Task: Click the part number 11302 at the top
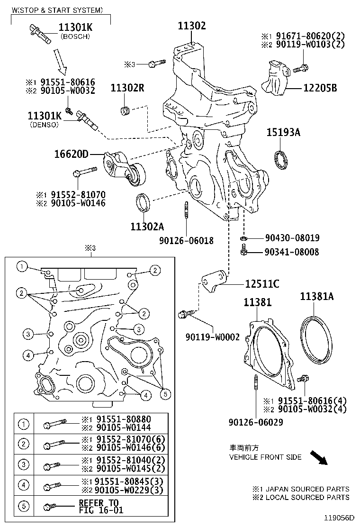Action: (192, 26)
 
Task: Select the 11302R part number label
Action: (127, 88)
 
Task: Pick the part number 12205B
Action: (320, 88)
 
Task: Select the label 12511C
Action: (262, 284)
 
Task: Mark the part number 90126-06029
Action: (255, 420)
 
